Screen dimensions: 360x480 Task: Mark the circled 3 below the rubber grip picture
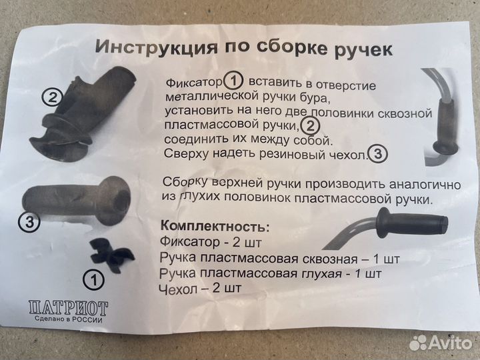tap(28, 223)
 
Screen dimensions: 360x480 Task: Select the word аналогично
tap(391, 183)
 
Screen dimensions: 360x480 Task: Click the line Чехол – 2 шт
tap(200, 289)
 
